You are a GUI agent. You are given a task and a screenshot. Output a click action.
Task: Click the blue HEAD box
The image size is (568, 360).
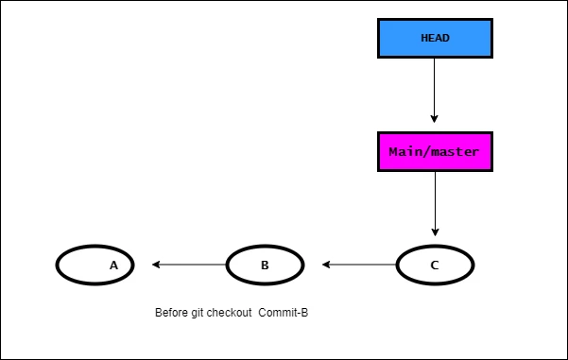[435, 38]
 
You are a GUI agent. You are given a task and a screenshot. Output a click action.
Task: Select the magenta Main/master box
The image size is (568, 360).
[435, 151]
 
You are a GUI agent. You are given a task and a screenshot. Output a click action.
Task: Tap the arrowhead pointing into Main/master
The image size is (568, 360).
[435, 119]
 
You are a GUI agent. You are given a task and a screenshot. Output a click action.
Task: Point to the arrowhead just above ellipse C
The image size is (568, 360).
[435, 231]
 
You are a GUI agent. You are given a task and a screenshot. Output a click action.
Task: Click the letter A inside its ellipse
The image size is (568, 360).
[113, 266]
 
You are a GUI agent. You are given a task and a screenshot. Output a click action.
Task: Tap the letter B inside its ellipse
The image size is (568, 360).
[265, 266]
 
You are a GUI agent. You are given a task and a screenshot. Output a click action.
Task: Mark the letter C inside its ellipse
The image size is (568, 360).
[435, 266]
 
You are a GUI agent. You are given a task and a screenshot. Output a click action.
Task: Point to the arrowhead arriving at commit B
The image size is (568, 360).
[326, 265]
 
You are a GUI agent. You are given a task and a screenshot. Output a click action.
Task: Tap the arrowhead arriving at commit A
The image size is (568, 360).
[157, 265]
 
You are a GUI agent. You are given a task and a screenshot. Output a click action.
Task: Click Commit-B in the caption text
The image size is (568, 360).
[284, 313]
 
